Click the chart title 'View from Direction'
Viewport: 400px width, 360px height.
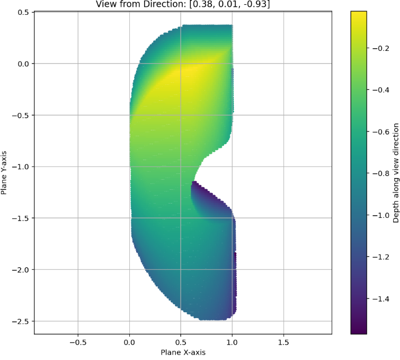(183, 4)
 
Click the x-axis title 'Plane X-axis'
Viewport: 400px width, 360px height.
(183, 352)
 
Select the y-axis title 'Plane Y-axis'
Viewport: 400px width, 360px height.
(5, 172)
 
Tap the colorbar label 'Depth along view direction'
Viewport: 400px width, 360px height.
(395, 173)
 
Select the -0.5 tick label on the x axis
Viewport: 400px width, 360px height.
(78, 342)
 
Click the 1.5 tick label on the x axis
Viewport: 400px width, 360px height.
(283, 342)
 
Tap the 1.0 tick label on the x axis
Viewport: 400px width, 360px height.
(232, 342)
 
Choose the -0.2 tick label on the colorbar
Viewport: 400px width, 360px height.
(380, 48)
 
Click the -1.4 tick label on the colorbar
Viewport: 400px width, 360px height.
(380, 299)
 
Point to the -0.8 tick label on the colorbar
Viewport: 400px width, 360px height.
(380, 173)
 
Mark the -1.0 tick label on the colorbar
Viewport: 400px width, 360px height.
(380, 215)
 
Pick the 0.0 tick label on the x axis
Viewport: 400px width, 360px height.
(129, 342)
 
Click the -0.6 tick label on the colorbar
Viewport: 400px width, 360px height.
(380, 131)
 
